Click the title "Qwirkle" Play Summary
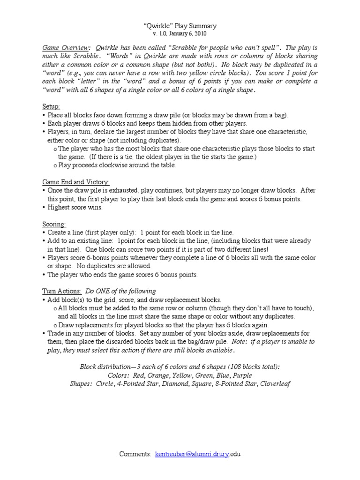click(180, 26)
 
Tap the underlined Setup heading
click(51, 106)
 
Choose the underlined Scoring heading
click(54, 224)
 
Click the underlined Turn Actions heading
click(62, 291)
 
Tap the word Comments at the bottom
click(135, 454)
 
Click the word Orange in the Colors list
click(155, 375)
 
